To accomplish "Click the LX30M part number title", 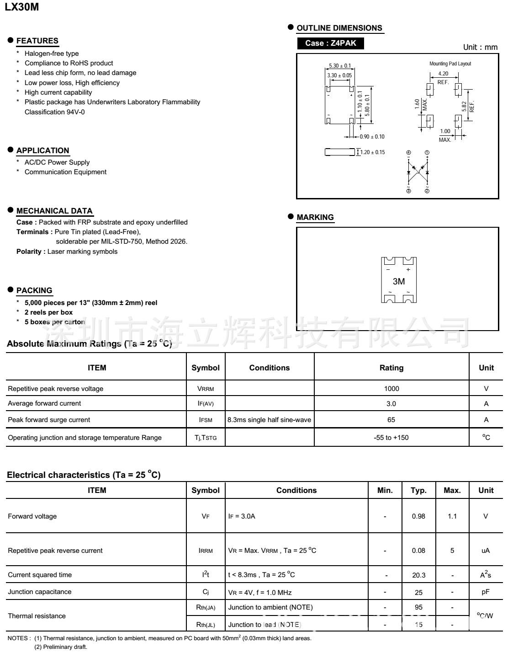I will [21, 7].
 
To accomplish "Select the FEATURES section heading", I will [37, 41].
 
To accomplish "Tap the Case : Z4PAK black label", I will [330, 43].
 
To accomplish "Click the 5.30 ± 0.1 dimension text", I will [340, 66].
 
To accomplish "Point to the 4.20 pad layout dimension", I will [443, 74].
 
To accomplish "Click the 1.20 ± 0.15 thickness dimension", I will [373, 152].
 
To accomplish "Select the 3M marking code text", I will [398, 282].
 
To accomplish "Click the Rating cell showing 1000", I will [391, 389].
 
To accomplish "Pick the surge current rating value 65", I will [391, 420].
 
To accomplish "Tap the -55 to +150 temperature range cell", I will [391, 438].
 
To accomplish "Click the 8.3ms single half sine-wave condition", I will [269, 420].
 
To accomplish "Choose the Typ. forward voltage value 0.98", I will [418, 516].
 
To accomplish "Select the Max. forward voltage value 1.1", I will [452, 516].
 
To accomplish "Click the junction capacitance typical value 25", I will [418, 592].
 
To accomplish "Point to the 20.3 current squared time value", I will [418, 575].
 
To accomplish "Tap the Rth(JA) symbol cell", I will [206, 608].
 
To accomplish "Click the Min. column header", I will [385, 490].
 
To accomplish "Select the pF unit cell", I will [486, 592].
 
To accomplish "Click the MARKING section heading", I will [315, 217].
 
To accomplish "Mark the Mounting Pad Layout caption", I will [450, 64].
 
